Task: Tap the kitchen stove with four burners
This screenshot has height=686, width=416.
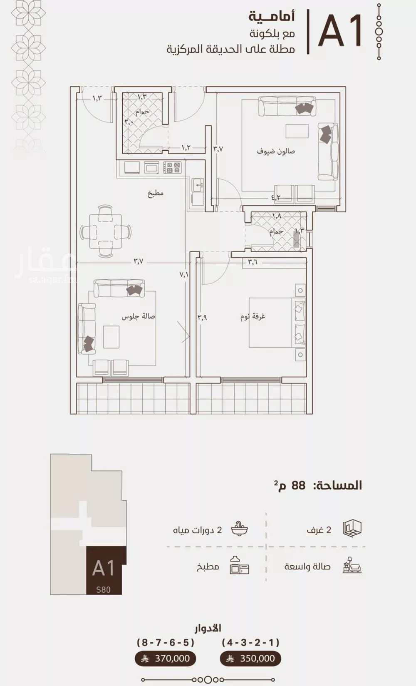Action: click(x=172, y=168)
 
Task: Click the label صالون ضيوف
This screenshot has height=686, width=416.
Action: click(x=275, y=151)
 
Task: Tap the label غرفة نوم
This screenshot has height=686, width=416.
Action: click(x=253, y=317)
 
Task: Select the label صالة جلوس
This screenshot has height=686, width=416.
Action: click(x=138, y=317)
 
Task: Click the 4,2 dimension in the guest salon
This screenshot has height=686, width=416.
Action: click(x=276, y=197)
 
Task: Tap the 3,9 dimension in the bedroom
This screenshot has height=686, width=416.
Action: click(x=203, y=318)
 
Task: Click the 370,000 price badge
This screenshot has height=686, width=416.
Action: click(x=166, y=659)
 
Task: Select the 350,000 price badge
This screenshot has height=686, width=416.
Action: click(x=250, y=659)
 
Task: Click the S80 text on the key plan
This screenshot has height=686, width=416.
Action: click(x=103, y=589)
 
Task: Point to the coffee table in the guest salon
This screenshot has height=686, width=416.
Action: click(x=297, y=131)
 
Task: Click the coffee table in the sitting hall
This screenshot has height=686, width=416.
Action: click(x=111, y=337)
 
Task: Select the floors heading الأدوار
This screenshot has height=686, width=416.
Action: click(x=208, y=628)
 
